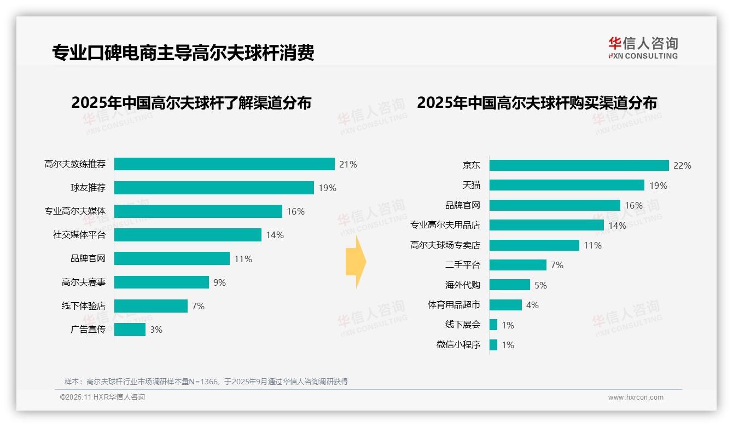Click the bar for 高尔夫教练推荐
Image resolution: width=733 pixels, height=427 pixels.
224,164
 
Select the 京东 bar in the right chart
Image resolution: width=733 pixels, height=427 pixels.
579,165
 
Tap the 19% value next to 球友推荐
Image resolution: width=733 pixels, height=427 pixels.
327,188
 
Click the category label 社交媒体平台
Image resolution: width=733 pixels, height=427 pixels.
79,235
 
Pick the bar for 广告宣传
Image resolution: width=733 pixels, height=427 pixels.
130,330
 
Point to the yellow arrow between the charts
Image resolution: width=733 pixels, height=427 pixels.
356,262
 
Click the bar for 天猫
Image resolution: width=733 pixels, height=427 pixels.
567,185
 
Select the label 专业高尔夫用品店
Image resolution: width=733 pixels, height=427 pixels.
445,225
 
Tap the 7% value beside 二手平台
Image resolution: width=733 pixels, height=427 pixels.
557,265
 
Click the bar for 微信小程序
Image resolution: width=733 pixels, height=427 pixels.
493,345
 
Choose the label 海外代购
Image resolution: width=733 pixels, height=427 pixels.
463,285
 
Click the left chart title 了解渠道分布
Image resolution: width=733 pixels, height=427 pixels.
191,103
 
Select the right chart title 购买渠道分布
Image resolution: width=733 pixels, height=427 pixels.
537,103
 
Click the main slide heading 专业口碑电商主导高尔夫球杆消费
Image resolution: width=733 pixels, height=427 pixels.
183,53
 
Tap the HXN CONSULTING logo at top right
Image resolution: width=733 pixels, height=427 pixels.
643,48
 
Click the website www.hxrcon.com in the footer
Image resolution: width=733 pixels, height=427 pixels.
636,397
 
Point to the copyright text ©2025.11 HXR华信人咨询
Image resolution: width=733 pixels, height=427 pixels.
102,397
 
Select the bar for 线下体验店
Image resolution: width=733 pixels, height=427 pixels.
151,306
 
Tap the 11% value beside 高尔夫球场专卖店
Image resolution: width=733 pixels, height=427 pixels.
592,245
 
